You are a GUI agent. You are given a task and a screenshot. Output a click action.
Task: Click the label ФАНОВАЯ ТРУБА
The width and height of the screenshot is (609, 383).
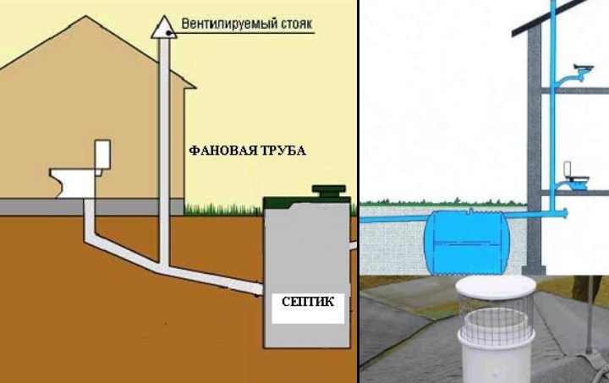(x=247, y=150)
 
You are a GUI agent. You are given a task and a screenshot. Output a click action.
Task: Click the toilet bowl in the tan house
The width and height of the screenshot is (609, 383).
(x=74, y=181)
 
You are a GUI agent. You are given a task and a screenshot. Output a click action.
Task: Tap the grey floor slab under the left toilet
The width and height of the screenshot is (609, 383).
(x=85, y=206)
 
